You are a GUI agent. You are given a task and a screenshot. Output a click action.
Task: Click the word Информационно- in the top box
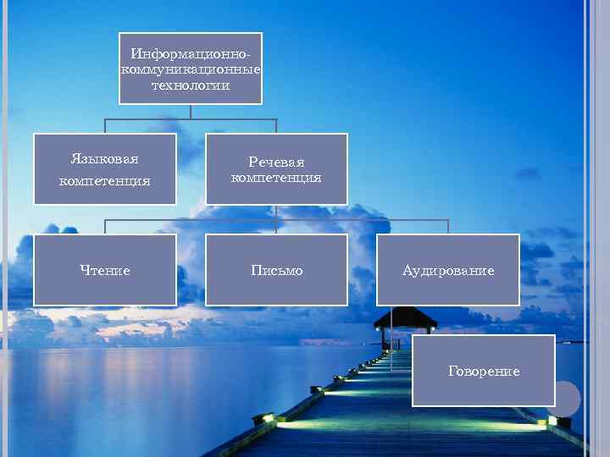pos(191,54)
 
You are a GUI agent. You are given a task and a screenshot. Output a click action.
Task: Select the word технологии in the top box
pos(191,85)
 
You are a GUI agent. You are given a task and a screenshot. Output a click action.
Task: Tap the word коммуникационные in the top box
pos(191,70)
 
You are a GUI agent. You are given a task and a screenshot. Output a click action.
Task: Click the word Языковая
pos(105,159)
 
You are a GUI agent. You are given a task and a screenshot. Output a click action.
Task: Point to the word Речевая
pos(276,162)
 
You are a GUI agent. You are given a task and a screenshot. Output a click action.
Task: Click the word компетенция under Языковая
pos(105,180)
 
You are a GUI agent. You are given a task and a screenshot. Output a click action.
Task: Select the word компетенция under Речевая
pos(276,178)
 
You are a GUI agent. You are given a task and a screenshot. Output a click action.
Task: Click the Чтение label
pos(105,271)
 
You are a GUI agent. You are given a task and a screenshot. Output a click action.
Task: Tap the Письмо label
pos(276,271)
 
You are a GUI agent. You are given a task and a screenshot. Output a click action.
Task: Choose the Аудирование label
pos(448,271)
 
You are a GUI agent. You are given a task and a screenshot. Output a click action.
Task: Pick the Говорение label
pos(484,372)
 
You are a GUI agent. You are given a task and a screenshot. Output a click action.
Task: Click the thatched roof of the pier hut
pos(405,320)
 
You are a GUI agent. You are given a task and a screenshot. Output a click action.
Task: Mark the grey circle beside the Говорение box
pos(565,399)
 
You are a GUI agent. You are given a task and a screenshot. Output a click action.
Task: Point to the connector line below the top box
pos(191,111)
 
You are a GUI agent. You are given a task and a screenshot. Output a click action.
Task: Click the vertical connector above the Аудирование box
pos(448,227)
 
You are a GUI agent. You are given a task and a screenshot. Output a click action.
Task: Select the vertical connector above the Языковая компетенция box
pos(105,126)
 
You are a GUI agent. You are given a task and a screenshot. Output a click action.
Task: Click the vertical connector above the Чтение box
pos(105,227)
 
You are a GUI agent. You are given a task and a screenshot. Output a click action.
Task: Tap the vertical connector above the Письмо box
pos(276,227)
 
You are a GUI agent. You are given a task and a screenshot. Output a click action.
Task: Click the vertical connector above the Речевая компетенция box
pos(276,126)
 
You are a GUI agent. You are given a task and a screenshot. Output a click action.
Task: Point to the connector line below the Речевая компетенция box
pos(276,212)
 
